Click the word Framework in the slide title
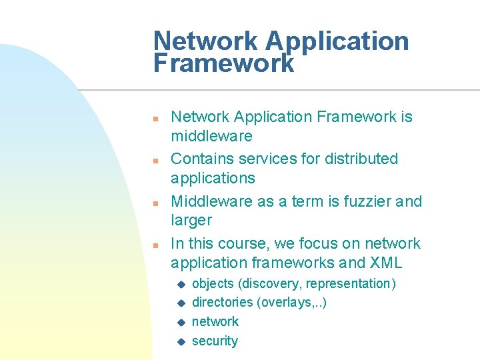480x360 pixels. point(223,63)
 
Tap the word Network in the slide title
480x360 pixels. point(206,41)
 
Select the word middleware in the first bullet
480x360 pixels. point(211,136)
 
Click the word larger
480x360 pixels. point(191,220)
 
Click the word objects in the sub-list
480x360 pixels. point(213,283)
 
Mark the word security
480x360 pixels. point(215,341)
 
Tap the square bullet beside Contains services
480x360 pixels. point(154,161)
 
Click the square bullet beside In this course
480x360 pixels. point(154,245)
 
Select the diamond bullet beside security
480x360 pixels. point(179,342)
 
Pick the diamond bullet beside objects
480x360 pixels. point(179,285)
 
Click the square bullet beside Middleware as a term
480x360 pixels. point(154,203)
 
